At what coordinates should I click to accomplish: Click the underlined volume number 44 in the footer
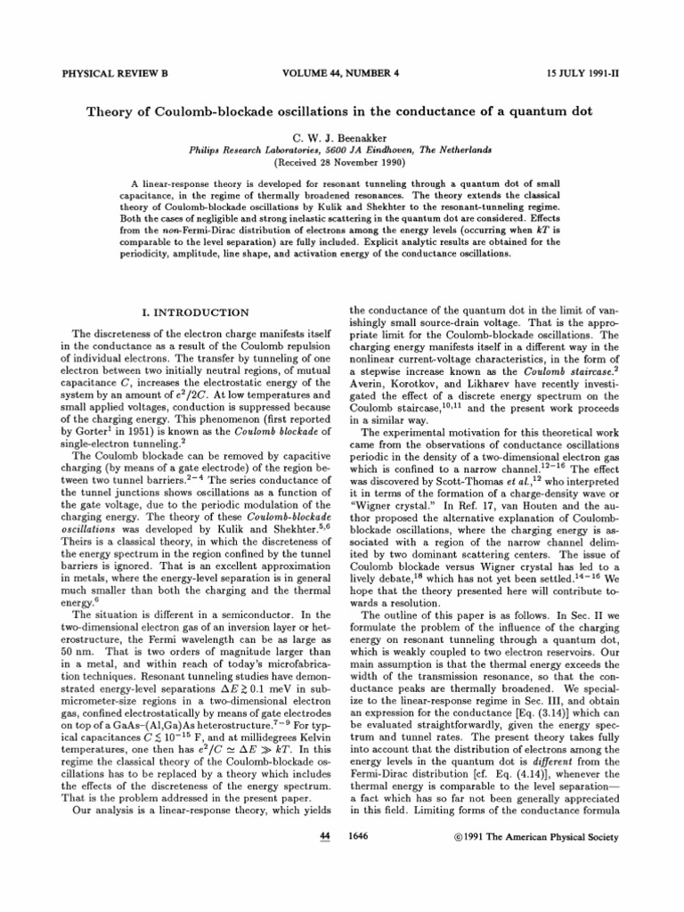325,836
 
